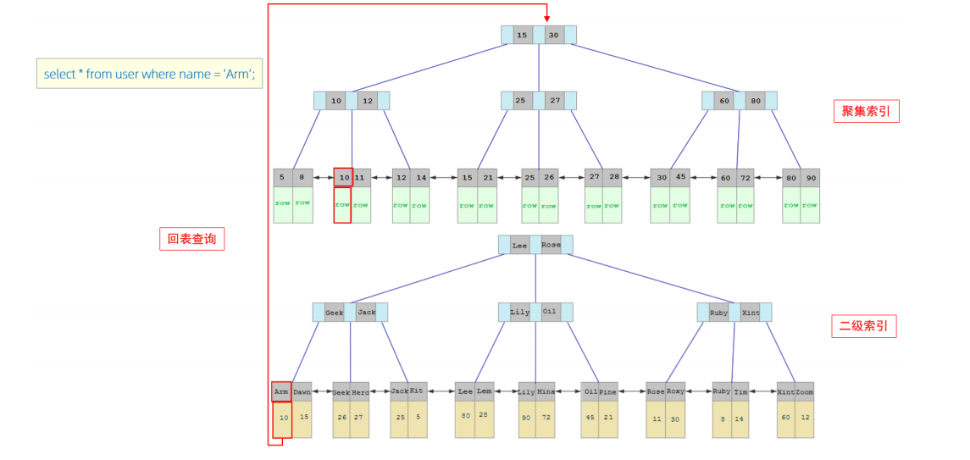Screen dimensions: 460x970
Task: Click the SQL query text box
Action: click(x=149, y=74)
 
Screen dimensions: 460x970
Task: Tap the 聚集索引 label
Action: click(x=866, y=111)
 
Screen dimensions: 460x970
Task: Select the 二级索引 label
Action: click(x=863, y=326)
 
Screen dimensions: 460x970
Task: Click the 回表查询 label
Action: click(x=191, y=239)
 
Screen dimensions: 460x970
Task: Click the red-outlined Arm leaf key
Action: click(x=281, y=392)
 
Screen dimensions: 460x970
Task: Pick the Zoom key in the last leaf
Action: click(x=805, y=392)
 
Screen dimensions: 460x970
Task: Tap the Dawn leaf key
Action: click(x=302, y=392)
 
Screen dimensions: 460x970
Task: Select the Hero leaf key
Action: click(x=361, y=392)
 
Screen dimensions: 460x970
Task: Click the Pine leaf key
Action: click(x=608, y=392)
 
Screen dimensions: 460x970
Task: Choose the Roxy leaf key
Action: click(x=675, y=392)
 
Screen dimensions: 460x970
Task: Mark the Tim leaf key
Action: click(x=740, y=392)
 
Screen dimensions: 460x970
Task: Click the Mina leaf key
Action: click(x=546, y=392)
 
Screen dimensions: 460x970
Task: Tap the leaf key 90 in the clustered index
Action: click(x=811, y=178)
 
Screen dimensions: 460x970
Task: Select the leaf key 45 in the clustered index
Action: click(x=680, y=177)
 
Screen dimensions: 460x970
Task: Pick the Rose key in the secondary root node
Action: click(x=551, y=245)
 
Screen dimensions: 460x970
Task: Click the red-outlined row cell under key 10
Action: click(x=342, y=205)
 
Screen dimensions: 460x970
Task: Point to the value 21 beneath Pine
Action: click(x=608, y=417)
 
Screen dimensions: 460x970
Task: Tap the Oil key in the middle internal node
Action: click(x=550, y=312)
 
